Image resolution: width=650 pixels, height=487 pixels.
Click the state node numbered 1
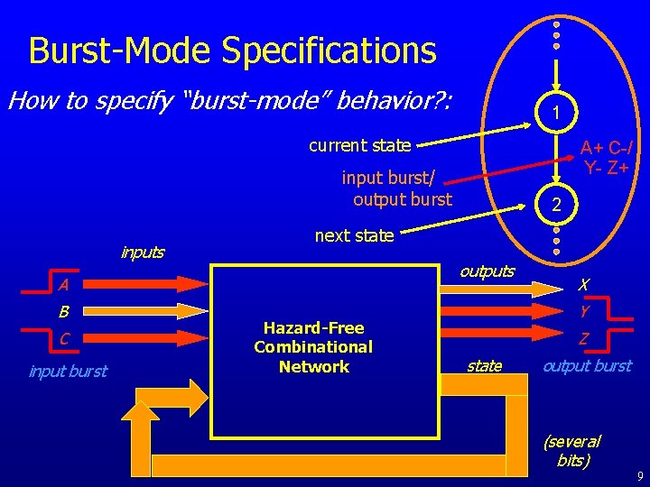557,113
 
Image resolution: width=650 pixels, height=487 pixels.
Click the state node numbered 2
557,204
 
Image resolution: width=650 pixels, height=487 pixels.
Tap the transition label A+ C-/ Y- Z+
606,158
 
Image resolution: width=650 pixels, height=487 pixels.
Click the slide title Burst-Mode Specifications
232,51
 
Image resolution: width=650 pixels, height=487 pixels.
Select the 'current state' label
359,145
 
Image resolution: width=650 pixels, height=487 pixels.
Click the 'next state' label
354,236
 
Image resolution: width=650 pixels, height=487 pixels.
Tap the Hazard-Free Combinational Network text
313,347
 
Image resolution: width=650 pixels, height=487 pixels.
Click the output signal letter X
584,285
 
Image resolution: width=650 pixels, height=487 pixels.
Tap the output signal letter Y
584,312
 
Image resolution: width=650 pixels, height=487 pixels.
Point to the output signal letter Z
584,339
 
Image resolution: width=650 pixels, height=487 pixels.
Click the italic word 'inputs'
143,253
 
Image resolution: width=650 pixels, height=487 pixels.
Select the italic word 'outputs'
487,271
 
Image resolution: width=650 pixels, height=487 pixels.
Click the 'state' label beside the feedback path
484,365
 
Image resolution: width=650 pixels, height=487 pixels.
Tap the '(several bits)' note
572,450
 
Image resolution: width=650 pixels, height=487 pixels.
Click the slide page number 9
637,475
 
